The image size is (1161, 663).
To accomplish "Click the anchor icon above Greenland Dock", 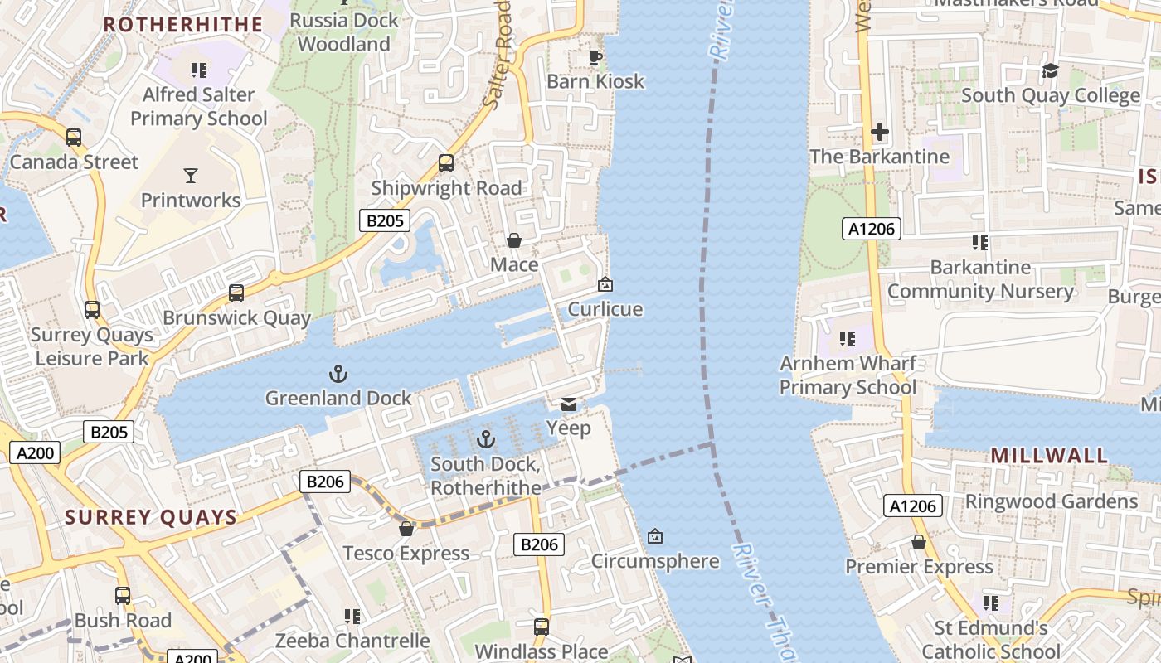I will [338, 374].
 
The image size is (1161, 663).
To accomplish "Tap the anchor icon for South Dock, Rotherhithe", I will [486, 439].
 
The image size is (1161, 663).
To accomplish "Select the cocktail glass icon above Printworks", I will [191, 176].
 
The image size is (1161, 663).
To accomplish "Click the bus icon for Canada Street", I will [74, 138].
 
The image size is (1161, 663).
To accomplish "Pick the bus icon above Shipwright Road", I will [446, 163].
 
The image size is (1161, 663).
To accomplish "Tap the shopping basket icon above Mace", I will [514, 240].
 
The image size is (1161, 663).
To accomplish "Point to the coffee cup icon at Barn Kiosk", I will [595, 57].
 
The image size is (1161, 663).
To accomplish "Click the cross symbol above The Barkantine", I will [879, 132].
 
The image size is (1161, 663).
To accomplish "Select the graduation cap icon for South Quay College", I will [1050, 71].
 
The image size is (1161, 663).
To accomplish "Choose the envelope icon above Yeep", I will [569, 404].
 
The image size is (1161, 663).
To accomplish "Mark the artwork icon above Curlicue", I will [605, 285].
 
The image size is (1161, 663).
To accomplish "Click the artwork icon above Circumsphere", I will [654, 537].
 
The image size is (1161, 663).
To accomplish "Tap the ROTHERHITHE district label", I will [182, 24].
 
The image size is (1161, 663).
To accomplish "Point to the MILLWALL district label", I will [1049, 456].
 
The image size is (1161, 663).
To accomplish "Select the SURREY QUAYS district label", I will [151, 517].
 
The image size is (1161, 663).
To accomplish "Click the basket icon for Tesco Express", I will [406, 529].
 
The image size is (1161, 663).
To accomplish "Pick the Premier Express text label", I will [919, 567].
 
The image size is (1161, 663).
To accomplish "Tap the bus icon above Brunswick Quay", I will [236, 293].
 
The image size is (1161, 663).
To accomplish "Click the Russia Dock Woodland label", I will [343, 31].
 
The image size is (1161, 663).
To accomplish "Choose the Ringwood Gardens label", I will [1051, 501].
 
